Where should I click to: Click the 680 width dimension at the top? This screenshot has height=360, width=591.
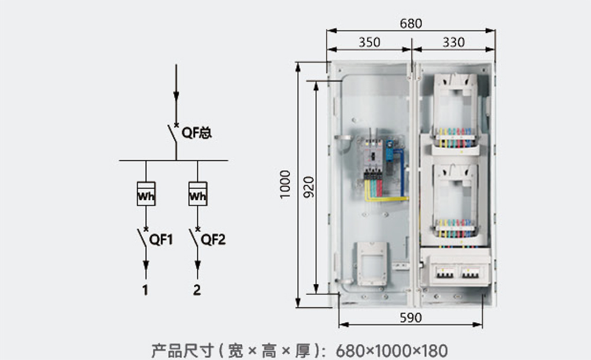(x=411, y=24)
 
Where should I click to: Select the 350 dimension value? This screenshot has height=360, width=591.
(x=369, y=42)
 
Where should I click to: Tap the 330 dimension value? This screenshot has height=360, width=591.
(x=453, y=42)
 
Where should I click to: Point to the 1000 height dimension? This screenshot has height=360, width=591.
(x=286, y=184)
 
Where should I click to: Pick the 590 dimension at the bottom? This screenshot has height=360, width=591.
(x=411, y=317)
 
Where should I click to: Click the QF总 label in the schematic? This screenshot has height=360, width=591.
(x=196, y=134)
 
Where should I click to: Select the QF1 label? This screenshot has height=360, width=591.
(x=161, y=239)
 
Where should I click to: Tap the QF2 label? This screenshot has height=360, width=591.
(x=213, y=239)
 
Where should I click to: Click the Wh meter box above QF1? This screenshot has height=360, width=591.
(x=146, y=194)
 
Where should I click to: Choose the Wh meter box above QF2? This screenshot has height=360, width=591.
(x=197, y=194)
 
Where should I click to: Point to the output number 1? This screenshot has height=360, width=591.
(x=145, y=290)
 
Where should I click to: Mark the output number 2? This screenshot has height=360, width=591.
(x=197, y=290)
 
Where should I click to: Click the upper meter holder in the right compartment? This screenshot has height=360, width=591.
(x=454, y=109)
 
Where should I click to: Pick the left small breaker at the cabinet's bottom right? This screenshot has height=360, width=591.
(x=445, y=273)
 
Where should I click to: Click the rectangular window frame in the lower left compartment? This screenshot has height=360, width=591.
(x=371, y=263)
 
